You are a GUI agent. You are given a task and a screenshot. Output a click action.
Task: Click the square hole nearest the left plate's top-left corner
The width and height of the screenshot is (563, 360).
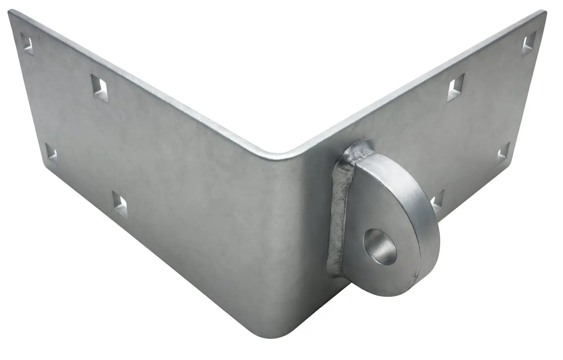[x=28, y=43]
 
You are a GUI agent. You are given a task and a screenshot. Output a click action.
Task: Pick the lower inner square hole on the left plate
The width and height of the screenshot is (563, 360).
[x=119, y=203]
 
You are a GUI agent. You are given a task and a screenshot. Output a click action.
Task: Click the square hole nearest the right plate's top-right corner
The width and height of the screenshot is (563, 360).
[x=529, y=43]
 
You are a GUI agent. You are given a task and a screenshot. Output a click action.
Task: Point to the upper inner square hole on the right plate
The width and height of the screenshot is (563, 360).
[x=456, y=87]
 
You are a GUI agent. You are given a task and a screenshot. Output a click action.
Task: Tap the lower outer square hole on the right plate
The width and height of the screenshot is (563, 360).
[x=504, y=154]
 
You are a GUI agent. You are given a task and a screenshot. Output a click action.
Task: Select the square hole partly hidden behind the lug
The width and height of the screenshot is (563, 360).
[x=437, y=201]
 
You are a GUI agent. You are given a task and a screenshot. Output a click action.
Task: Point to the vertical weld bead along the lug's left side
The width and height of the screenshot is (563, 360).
[x=339, y=217]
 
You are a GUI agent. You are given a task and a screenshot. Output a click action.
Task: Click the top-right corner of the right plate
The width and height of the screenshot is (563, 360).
[x=545, y=11]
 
